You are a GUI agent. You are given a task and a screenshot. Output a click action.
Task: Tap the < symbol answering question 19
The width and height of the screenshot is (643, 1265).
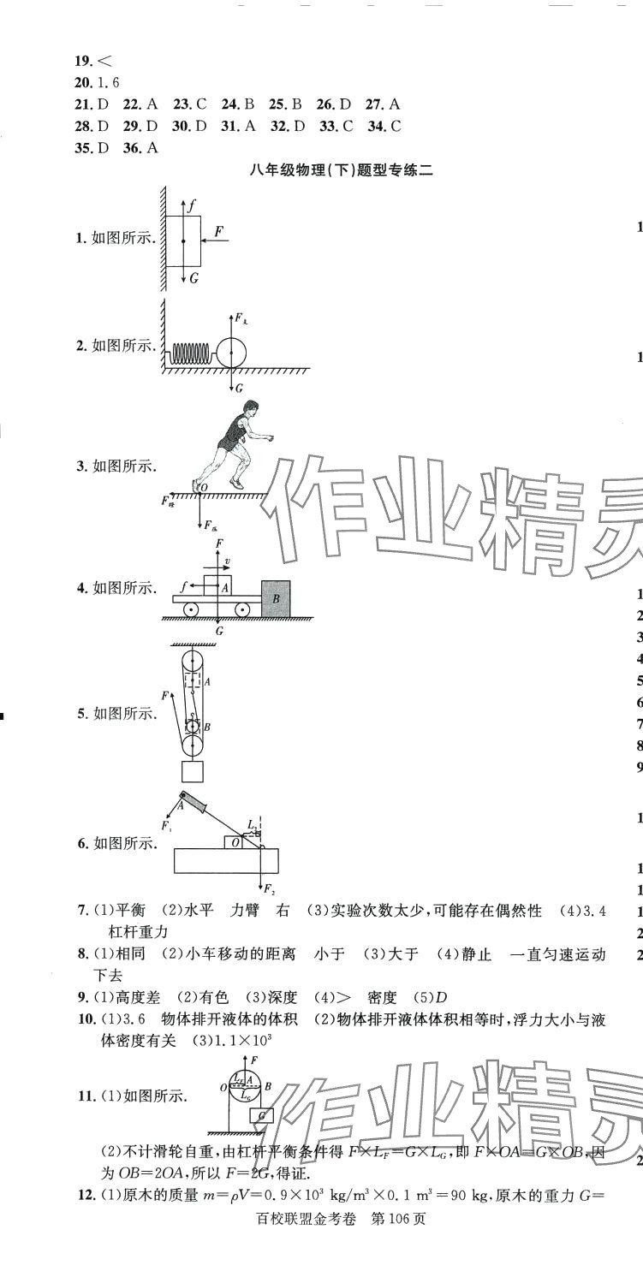pyautogui.click(x=104, y=61)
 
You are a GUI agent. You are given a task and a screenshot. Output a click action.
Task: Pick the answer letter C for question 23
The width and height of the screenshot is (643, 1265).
pyautogui.click(x=201, y=104)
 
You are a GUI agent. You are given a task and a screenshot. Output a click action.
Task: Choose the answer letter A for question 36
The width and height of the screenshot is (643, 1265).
pyautogui.click(x=152, y=147)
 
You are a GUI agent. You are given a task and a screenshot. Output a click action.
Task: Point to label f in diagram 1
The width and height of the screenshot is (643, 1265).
pyautogui.click(x=193, y=206)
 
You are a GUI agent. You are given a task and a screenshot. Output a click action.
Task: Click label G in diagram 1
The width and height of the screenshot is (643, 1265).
pyautogui.click(x=194, y=278)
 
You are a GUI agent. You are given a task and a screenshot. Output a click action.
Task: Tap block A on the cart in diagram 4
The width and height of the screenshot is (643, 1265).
pyautogui.click(x=219, y=587)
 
